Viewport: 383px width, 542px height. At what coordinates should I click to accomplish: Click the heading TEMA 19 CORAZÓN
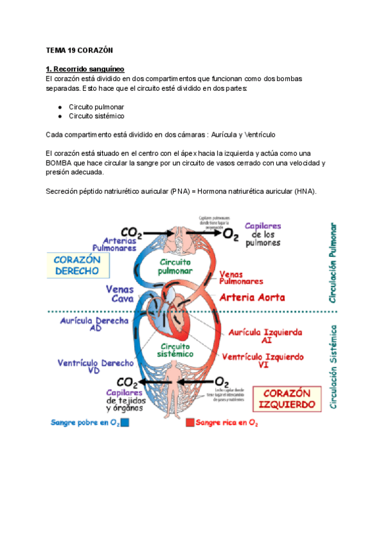click(79, 50)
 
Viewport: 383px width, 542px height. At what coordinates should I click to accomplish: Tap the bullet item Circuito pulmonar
click(96, 106)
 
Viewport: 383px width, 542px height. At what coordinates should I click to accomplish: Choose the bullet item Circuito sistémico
click(96, 116)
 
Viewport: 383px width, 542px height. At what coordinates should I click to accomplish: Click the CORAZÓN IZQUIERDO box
click(287, 399)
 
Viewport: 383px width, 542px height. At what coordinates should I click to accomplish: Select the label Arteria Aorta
click(252, 298)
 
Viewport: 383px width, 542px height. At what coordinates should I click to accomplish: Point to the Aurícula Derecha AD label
click(94, 325)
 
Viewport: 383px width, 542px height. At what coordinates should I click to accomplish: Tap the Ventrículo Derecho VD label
click(96, 366)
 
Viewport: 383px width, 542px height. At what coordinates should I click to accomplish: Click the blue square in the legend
click(125, 422)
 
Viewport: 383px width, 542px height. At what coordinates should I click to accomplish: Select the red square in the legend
click(190, 422)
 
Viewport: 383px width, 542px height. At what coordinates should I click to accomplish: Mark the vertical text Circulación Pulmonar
click(333, 262)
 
